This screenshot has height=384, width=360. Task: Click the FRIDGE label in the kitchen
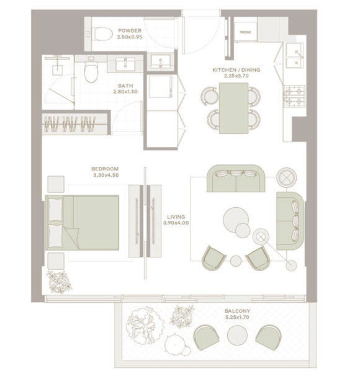(245, 32)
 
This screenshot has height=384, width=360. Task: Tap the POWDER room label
(130, 30)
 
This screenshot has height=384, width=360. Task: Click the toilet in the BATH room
(91, 71)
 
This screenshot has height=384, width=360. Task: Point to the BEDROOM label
(105, 169)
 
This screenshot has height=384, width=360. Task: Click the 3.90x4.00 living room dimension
(176, 223)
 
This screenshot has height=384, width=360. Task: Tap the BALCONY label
(237, 311)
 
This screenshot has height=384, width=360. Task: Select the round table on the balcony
(237, 335)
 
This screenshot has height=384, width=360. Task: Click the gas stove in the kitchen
(294, 96)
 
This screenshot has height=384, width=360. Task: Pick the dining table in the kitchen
(233, 108)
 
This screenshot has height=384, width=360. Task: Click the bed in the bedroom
(82, 223)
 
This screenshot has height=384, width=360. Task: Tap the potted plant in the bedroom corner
(59, 282)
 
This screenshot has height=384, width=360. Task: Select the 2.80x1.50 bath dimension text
(125, 92)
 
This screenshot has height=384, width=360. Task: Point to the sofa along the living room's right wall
(290, 221)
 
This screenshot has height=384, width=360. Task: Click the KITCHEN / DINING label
(236, 70)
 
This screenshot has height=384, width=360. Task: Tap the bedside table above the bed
(56, 184)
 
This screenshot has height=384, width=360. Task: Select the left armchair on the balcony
(206, 337)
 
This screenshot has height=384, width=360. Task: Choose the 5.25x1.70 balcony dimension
(236, 317)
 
